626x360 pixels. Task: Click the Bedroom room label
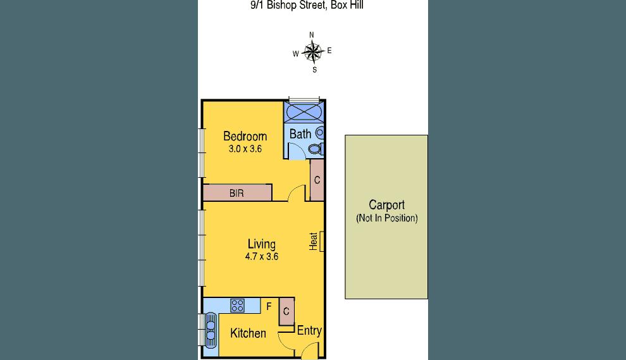(245, 136)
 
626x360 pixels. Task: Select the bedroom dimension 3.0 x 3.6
(245, 149)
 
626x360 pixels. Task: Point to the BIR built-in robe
(237, 193)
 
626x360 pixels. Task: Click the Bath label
(300, 134)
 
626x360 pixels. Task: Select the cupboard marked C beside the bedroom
(317, 180)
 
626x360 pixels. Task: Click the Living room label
(261, 244)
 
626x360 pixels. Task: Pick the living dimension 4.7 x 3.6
(262, 257)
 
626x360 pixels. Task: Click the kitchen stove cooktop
(238, 306)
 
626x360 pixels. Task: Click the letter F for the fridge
(269, 307)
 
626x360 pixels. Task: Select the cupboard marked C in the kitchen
(286, 311)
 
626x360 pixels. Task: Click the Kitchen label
(248, 333)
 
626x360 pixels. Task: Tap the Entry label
(309, 330)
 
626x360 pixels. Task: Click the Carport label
(386, 205)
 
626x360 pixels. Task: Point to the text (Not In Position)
(386, 218)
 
